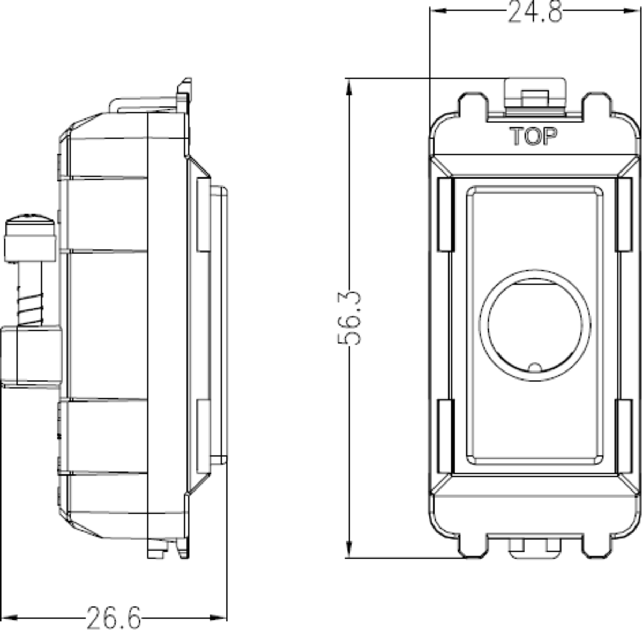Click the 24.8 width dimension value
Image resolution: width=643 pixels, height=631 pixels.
tap(535, 12)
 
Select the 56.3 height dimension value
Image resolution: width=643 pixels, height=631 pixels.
tap(350, 317)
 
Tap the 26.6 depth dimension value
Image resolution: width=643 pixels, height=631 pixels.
tap(114, 618)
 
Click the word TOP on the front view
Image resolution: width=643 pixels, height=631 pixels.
tap(534, 137)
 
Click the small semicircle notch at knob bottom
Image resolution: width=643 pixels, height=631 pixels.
tap(534, 367)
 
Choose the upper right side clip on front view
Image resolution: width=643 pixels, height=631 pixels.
tap(624, 214)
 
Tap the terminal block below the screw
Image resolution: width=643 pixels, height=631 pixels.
tap(32, 357)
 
